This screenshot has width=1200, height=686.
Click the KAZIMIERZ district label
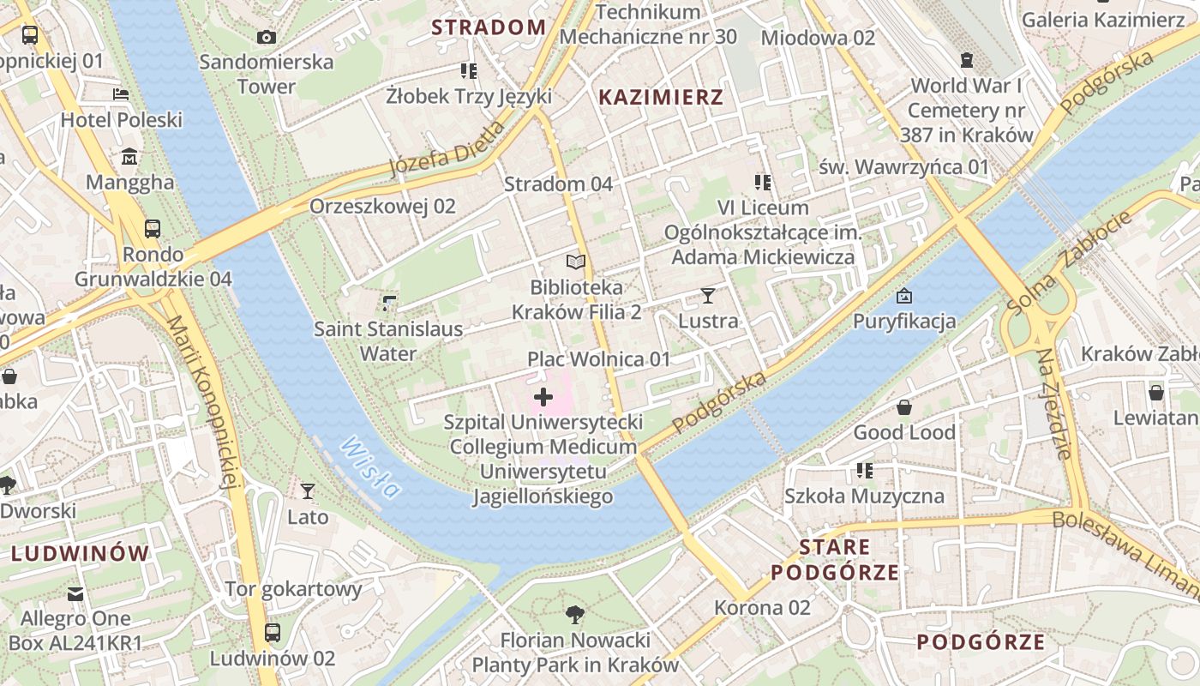tap(661, 97)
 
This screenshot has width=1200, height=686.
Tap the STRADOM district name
tap(489, 27)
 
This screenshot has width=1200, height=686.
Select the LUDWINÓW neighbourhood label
tap(81, 553)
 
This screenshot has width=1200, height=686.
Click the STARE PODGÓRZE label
tap(835, 559)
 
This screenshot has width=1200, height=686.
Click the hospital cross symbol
tap(543, 397)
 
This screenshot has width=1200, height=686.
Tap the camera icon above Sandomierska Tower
tap(267, 37)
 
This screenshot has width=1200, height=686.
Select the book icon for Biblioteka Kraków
tap(576, 262)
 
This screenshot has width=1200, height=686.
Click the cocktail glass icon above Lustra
tap(707, 296)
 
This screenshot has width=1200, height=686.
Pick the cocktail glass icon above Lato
tap(308, 491)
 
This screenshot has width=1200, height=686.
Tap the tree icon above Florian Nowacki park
tap(575, 614)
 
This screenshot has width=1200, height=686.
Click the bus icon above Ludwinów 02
tap(273, 633)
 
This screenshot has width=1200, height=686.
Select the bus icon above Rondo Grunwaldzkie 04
tap(153, 229)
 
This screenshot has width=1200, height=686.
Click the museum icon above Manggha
tap(129, 157)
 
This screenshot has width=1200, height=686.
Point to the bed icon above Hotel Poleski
tap(121, 94)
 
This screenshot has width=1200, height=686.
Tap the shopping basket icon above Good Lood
tap(904, 407)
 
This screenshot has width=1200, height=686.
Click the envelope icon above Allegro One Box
tap(76, 593)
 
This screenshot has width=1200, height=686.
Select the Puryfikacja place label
tap(904, 322)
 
